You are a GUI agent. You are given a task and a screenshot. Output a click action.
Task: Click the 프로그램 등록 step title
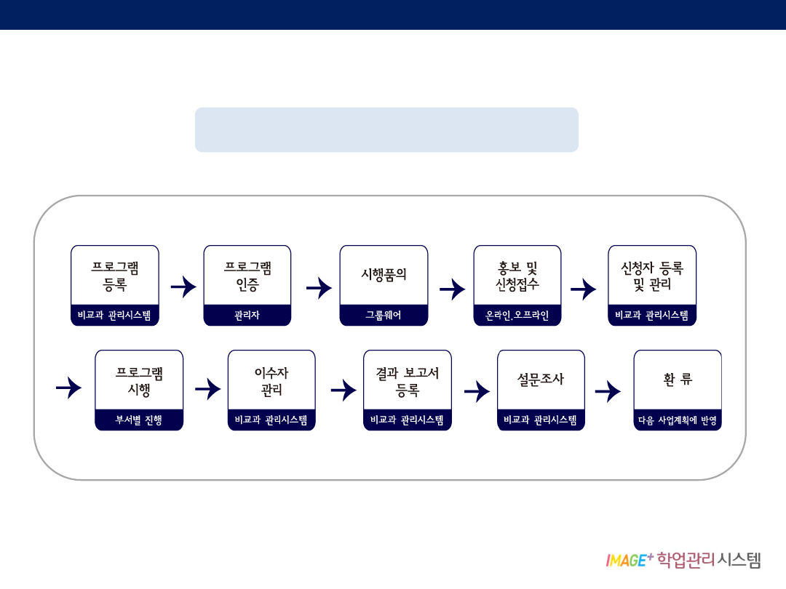(115, 276)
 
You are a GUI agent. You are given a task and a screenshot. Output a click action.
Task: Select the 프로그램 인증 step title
(247, 276)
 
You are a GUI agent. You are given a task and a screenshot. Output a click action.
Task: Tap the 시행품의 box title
(384, 275)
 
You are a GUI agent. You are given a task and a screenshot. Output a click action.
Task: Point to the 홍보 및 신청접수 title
(517, 276)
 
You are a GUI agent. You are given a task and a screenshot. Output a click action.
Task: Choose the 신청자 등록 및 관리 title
(652, 276)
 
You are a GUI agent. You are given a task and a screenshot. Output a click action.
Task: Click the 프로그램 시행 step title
(139, 381)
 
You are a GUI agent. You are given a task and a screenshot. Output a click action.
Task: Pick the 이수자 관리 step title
(271, 381)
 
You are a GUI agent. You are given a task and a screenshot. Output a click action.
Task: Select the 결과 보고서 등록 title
(408, 381)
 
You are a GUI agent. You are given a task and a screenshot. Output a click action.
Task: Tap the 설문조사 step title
(541, 380)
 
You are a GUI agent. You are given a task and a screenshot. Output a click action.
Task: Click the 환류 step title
(678, 380)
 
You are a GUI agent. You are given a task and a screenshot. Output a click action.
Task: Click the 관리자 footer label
(247, 316)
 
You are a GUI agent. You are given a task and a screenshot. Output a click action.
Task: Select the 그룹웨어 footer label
(384, 316)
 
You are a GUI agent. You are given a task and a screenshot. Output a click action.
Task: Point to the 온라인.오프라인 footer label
(517, 316)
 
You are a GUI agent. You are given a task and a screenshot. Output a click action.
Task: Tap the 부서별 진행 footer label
(139, 420)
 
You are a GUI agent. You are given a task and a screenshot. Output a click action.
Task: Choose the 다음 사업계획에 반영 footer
(678, 420)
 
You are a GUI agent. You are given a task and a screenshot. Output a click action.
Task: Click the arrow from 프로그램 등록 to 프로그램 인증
(183, 287)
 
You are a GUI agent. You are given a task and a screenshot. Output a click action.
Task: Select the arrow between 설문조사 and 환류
(608, 392)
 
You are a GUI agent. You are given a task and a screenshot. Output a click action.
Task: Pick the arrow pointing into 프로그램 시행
(69, 388)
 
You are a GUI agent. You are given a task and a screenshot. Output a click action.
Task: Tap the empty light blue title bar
(386, 129)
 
